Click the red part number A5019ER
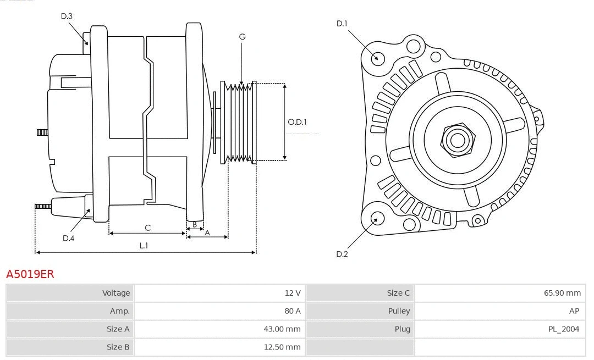(x=30, y=274)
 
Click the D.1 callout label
(x=342, y=23)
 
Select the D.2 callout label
(x=342, y=254)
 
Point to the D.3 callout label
(x=67, y=16)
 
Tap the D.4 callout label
(x=68, y=238)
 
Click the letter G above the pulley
(x=242, y=37)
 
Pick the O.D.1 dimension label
(x=298, y=122)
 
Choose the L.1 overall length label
(x=144, y=246)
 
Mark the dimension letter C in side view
(x=147, y=228)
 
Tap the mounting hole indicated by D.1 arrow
(x=377, y=57)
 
